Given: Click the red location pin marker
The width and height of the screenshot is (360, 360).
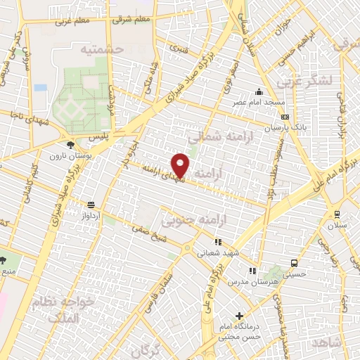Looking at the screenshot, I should tap(181, 165).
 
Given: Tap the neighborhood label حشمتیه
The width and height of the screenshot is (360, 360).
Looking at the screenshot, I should tap(102, 50).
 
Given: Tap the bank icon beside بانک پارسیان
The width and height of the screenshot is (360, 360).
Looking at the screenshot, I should tap(285, 117).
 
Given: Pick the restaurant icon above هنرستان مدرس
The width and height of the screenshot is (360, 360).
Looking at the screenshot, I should tap(252, 271).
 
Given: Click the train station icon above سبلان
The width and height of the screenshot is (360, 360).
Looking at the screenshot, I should tap(337, 214).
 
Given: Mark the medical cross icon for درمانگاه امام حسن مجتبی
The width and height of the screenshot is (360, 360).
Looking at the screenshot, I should tap(240, 316).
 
